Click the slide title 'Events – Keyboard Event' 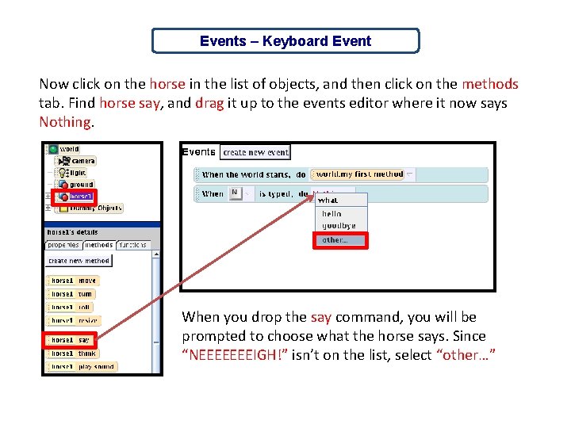coord(285,41)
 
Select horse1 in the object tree coord(79,196)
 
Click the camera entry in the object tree coord(82,161)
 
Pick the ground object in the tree coord(81,184)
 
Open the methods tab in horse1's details coord(98,245)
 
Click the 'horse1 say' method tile coord(72,340)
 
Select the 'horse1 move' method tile coord(74,281)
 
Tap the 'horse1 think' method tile coord(75,353)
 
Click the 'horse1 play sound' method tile coord(82,367)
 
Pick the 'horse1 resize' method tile coord(75,320)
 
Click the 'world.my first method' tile coord(358,174)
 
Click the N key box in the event coord(235,193)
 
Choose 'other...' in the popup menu coord(340,240)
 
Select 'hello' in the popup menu coord(331,214)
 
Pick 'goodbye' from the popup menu coord(339,226)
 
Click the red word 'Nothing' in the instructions coord(66,122)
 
